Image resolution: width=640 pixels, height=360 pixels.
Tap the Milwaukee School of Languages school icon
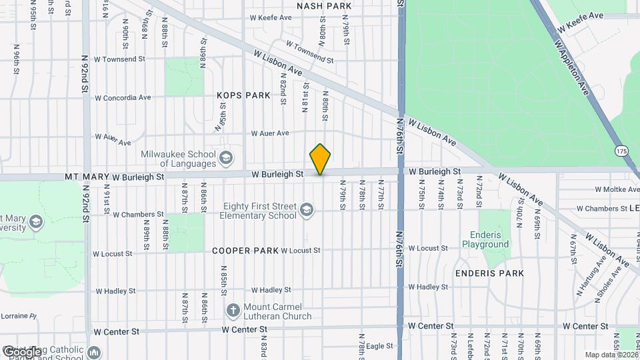227,158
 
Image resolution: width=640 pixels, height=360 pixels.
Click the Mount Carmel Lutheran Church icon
233,311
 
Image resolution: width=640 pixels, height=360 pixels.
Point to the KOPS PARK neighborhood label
243,95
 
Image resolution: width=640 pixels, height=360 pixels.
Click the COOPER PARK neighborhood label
245,251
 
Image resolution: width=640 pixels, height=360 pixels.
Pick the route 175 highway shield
621,152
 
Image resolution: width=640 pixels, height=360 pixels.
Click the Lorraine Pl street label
18,315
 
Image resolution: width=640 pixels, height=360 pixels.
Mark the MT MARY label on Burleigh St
87,177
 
